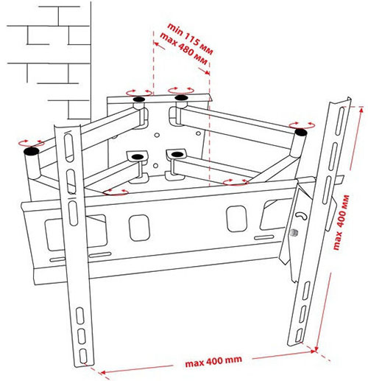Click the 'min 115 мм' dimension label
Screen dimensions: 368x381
(x=190, y=38)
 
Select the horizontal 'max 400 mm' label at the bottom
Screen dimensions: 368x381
(x=213, y=361)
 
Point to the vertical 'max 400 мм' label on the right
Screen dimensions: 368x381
(x=342, y=222)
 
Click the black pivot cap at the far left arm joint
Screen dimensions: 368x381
(x=32, y=151)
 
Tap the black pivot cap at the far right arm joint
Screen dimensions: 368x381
(x=301, y=133)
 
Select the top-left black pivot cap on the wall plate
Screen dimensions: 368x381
(x=139, y=99)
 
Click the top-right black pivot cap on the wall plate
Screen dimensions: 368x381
(x=181, y=97)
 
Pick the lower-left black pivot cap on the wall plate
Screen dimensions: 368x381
(x=138, y=156)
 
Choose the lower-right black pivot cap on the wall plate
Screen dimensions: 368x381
(x=177, y=154)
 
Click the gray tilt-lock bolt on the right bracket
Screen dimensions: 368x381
(x=294, y=232)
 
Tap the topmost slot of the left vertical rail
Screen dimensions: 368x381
(x=68, y=147)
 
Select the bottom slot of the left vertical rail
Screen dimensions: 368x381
(x=83, y=356)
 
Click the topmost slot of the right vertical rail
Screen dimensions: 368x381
(x=340, y=121)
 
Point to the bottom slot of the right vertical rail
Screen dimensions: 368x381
(x=300, y=335)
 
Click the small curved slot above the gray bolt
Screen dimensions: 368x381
(x=301, y=215)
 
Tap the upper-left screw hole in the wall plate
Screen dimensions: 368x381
(x=157, y=135)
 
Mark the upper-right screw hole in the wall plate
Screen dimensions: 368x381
(x=198, y=133)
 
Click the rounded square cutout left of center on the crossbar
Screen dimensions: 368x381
(x=139, y=228)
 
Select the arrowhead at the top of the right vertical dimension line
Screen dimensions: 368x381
(x=361, y=110)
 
